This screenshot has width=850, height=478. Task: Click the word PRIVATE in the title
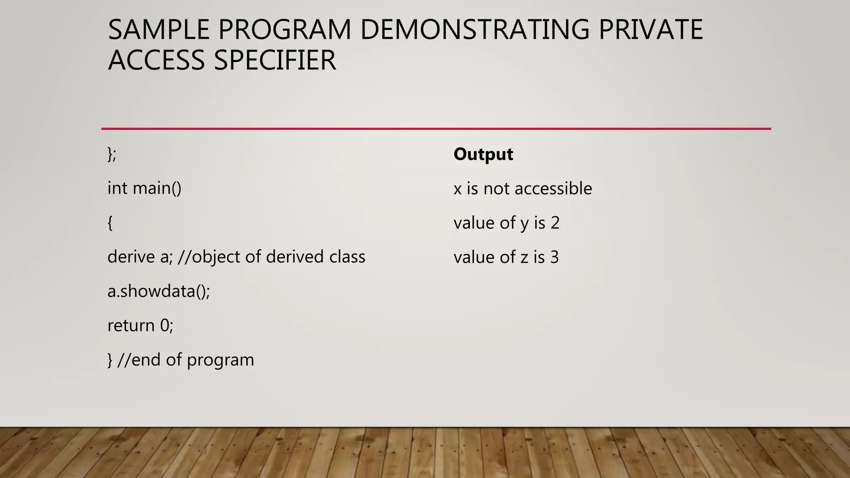click(650, 30)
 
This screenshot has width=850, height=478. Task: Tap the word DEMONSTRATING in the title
click(474, 30)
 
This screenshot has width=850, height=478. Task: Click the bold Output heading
click(483, 154)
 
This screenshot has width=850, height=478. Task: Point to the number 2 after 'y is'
click(555, 223)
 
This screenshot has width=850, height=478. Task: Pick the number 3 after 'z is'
click(554, 257)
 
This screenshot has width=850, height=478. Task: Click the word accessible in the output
click(553, 189)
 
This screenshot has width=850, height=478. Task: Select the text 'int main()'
click(144, 188)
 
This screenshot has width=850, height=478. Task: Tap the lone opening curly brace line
click(110, 223)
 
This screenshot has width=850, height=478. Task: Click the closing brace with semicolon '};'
click(112, 154)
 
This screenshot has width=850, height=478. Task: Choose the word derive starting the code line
click(131, 257)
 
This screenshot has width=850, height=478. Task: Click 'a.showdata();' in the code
click(159, 291)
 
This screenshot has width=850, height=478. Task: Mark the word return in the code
click(131, 326)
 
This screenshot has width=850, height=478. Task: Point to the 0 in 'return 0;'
click(165, 326)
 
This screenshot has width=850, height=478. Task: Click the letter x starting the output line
click(457, 189)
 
